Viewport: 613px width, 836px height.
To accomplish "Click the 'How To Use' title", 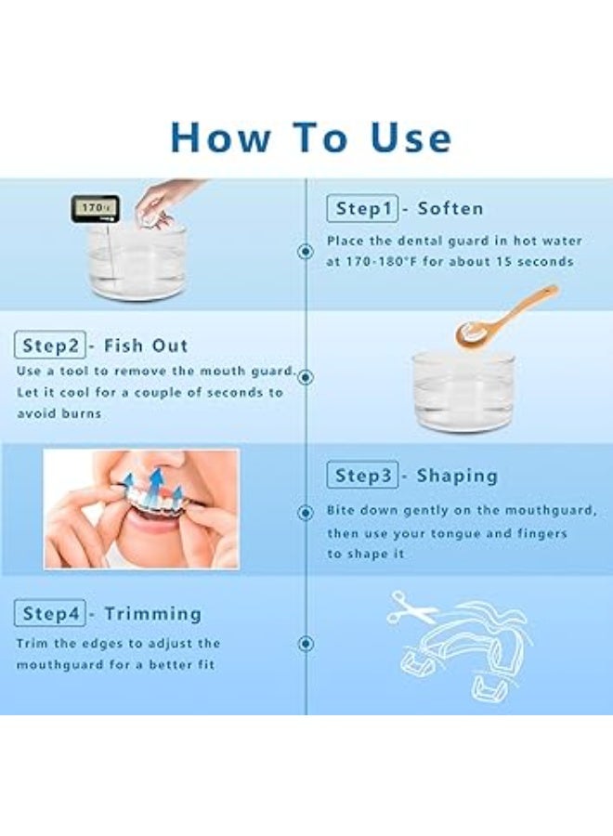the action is (x=311, y=137).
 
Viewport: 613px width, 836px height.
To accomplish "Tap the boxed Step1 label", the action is (x=362, y=208).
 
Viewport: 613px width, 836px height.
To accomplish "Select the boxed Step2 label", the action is (x=49, y=345).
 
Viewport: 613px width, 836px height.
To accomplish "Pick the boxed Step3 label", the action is (x=362, y=475).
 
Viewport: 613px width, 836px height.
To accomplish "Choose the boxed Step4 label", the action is (x=49, y=613).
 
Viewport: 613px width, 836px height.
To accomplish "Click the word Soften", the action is (x=450, y=208).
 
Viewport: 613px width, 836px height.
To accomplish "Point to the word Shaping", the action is (x=457, y=476).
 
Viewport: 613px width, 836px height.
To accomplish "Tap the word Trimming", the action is (x=153, y=614).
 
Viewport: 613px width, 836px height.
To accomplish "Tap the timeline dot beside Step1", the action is (x=306, y=251).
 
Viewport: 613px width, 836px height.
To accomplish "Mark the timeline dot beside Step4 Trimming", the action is (x=306, y=644).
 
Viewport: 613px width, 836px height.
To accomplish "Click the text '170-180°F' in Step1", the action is (x=381, y=262).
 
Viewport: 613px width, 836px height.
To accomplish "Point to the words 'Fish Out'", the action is (x=146, y=346).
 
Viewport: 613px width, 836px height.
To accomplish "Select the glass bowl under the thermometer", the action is (x=137, y=261).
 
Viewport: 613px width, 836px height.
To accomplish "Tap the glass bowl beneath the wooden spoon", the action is (x=463, y=392).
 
